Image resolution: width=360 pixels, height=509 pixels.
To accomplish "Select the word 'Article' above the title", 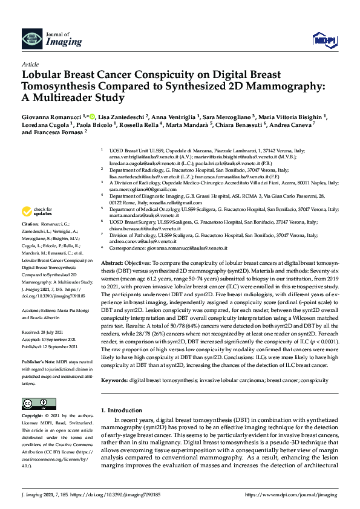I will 30,63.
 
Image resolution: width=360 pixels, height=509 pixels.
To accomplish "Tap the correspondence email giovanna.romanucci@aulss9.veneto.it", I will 185,248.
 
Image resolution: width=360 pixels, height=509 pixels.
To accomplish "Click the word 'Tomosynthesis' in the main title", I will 61,86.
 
